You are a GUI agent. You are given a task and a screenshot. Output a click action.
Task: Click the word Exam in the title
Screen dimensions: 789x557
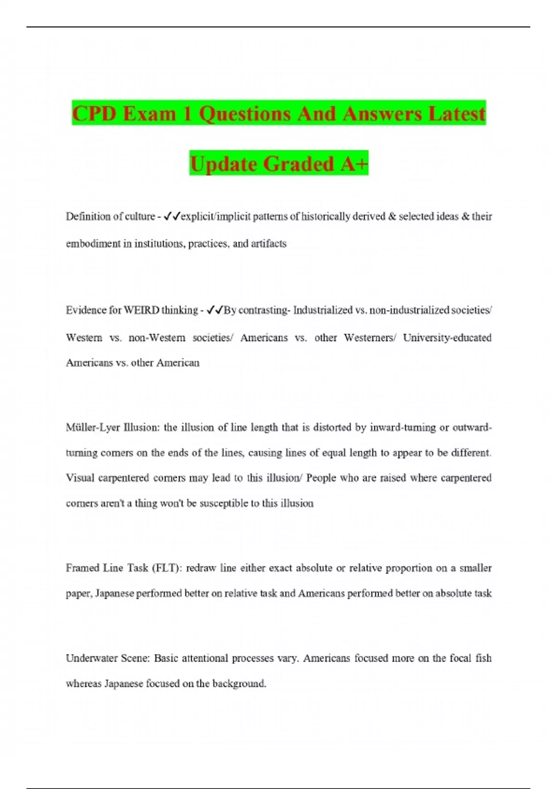[x=149, y=114]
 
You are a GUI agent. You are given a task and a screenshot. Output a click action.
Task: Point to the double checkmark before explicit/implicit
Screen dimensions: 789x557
[x=172, y=216]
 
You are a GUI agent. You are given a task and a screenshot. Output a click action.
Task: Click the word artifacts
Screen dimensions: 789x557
[x=269, y=244]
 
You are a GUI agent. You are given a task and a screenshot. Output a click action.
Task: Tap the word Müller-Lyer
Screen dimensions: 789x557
[x=93, y=427]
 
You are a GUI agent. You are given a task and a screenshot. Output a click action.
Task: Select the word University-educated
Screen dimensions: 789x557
[x=447, y=337]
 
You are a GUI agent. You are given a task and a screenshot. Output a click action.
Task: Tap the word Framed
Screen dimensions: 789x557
[x=82, y=568]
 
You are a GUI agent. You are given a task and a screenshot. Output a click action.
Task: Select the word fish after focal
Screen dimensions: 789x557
[x=483, y=658]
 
